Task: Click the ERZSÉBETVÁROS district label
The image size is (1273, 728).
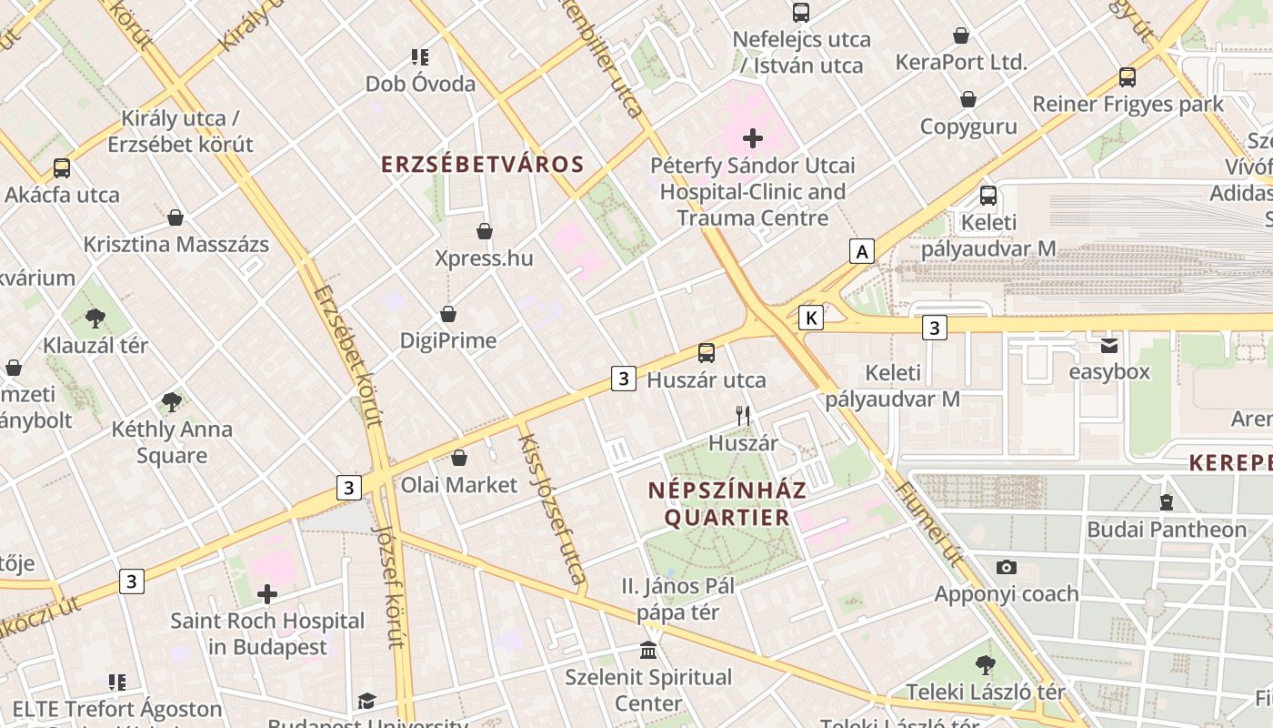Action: coord(482,165)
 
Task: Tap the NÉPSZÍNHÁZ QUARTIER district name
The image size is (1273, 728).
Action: coord(727,503)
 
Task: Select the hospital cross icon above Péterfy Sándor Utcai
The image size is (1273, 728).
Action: coord(753,139)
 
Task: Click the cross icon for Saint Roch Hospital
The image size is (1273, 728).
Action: coord(267,595)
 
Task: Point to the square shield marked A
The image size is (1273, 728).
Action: coord(861,251)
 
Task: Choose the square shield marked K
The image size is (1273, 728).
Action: coord(811,317)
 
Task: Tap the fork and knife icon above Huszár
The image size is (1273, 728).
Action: coord(744,416)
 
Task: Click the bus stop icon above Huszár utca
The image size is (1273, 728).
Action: coord(707,353)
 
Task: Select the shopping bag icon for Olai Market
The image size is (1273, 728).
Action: coord(459,458)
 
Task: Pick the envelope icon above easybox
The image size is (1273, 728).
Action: coord(1108,345)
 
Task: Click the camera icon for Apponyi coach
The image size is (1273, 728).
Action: coord(1007,567)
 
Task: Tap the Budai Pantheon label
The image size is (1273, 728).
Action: coord(1167,530)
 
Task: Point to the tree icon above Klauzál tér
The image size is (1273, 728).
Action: coord(95,318)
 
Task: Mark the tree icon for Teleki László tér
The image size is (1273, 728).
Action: coord(986,665)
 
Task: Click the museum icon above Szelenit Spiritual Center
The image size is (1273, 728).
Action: coord(648,651)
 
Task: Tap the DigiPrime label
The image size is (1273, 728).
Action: coord(448,340)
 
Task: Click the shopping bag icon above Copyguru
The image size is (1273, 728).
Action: coord(968,99)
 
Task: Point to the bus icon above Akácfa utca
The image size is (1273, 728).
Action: coord(62,168)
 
